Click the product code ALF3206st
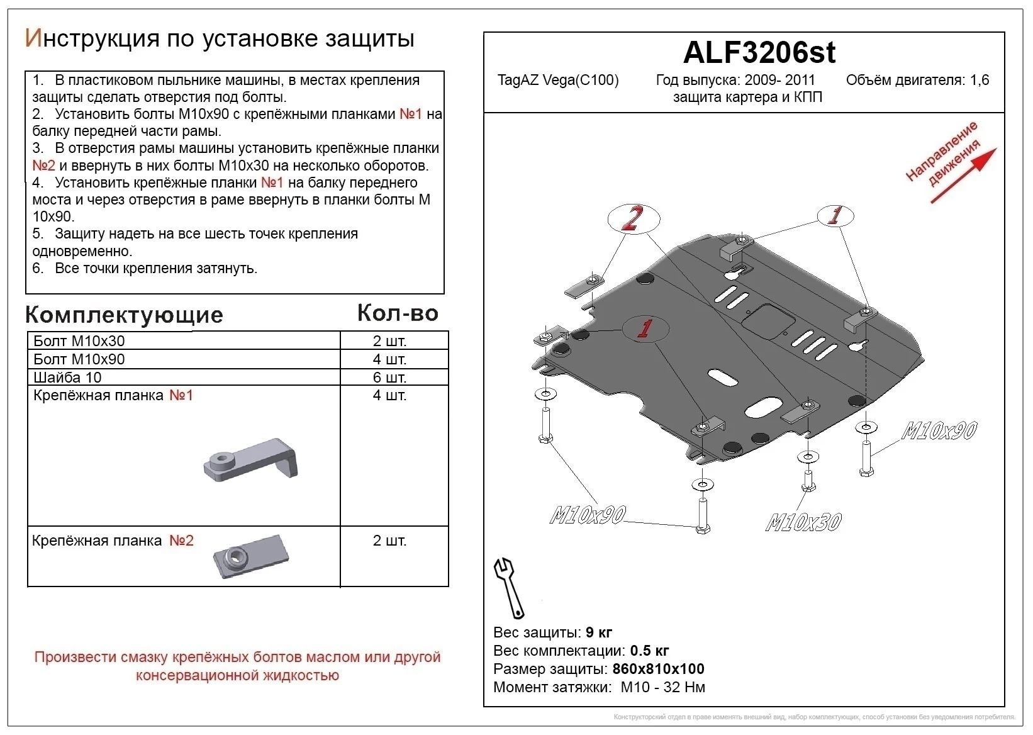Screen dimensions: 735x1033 759,52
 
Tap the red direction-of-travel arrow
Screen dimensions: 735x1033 963,176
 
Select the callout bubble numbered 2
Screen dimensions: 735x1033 633,219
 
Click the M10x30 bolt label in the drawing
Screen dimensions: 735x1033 803,522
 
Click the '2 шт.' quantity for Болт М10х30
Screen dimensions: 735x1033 389,341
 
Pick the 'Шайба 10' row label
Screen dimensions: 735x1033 67,378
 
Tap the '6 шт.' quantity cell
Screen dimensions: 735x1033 389,378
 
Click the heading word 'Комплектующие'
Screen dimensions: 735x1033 124,315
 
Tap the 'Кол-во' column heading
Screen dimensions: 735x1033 398,313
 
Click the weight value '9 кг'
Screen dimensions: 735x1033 598,632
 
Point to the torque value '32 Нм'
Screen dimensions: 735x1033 684,687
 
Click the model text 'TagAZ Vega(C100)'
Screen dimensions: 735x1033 558,80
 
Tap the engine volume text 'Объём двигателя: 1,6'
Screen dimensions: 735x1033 917,80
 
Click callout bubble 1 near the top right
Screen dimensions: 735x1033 835,216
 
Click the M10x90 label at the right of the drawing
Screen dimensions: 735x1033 939,431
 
